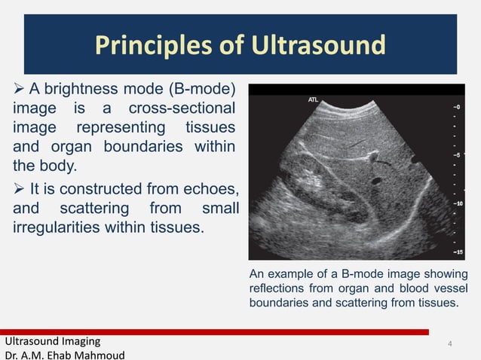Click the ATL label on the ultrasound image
click(x=314, y=99)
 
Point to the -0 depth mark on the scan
click(x=457, y=106)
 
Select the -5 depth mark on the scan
click(x=457, y=154)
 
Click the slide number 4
click(x=449, y=344)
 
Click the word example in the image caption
click(x=293, y=274)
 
